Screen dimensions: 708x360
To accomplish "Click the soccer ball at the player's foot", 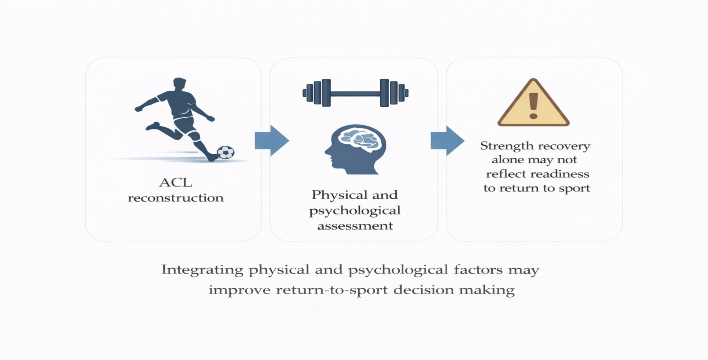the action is pyautogui.click(x=226, y=152).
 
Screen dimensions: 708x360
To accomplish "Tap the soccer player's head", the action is pyautogui.click(x=179, y=84).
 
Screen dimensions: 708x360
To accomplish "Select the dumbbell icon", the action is pyautogui.click(x=355, y=93).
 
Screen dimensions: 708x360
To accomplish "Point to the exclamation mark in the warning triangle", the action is pyautogui.click(x=533, y=106).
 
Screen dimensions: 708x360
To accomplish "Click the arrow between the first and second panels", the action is pyautogui.click(x=272, y=140).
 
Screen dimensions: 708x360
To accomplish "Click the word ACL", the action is pyautogui.click(x=176, y=183).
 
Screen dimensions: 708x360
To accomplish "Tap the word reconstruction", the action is pyautogui.click(x=176, y=198).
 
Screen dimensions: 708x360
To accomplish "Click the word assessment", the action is pyautogui.click(x=355, y=226).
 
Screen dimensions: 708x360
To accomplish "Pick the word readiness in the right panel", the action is pyautogui.click(x=560, y=174).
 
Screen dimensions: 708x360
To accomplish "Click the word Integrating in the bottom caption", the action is pyautogui.click(x=202, y=270).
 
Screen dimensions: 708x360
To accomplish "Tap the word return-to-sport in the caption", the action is pyautogui.click(x=331, y=290).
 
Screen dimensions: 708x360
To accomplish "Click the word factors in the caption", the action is pyautogui.click(x=478, y=270).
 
